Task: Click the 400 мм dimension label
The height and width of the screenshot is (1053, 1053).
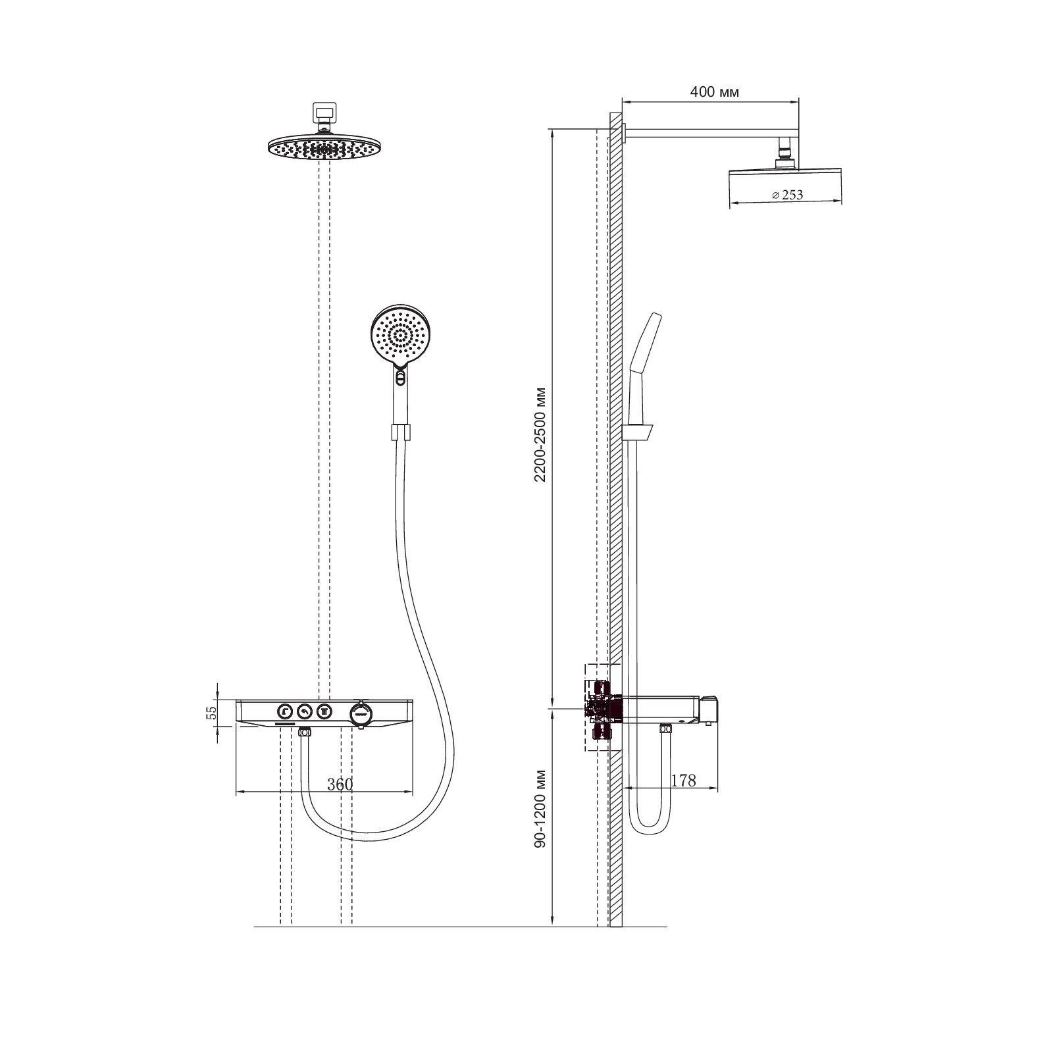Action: point(714,92)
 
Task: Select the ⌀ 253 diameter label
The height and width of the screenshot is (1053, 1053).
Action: point(787,195)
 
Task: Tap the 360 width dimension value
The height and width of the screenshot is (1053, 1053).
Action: point(340,784)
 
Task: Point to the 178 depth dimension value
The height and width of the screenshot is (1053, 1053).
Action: point(683,781)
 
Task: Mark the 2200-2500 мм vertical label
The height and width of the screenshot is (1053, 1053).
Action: point(540,435)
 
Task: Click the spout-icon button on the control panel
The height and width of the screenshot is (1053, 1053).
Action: point(284,711)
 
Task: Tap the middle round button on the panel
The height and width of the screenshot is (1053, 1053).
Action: point(304,711)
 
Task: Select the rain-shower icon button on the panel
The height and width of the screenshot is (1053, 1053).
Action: point(324,711)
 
